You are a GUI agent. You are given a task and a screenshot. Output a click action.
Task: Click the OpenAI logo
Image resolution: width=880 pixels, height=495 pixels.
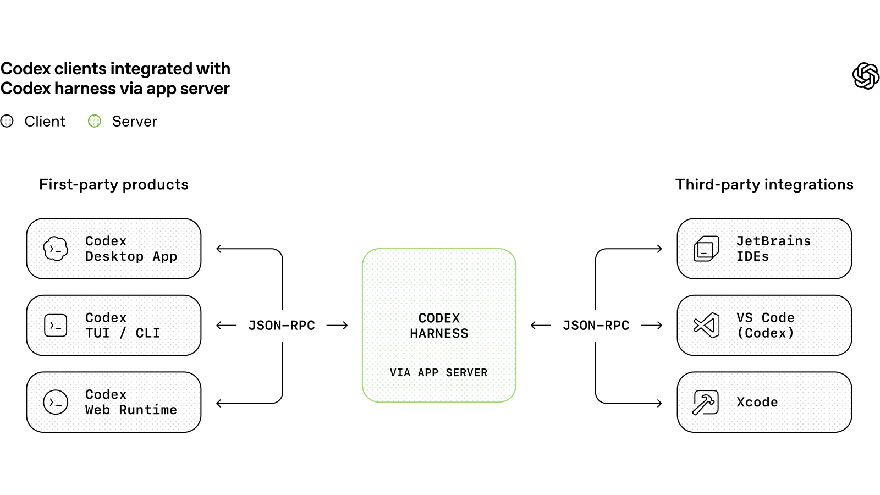click(866, 76)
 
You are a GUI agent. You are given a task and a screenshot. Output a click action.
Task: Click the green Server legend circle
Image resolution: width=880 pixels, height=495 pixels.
click(94, 121)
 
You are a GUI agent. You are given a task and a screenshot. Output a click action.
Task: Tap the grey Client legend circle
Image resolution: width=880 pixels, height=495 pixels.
click(7, 121)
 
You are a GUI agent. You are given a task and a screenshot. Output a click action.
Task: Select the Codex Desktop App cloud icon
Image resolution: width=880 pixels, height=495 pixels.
click(56, 248)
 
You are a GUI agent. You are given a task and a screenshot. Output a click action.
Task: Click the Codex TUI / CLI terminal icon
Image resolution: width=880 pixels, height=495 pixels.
click(56, 325)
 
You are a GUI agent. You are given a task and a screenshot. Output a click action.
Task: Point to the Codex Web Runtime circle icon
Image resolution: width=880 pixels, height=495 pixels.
click(56, 402)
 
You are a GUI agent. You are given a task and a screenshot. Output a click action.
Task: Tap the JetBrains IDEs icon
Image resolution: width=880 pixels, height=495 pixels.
click(706, 248)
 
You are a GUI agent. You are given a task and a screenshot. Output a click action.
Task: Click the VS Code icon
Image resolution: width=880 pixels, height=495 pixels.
click(706, 325)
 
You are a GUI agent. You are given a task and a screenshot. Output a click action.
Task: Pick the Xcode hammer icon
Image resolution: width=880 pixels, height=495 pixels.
click(706, 402)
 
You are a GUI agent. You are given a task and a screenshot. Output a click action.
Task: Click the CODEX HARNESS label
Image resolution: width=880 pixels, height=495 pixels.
click(439, 326)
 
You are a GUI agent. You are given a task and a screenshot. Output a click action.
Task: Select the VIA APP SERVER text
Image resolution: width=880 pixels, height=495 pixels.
click(438, 372)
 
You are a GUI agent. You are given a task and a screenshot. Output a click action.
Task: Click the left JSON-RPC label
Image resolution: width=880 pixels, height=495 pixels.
click(282, 325)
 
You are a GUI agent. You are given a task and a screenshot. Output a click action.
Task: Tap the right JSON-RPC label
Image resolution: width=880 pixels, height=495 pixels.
click(596, 325)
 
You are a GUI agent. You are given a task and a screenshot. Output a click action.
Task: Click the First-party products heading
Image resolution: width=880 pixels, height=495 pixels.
click(114, 184)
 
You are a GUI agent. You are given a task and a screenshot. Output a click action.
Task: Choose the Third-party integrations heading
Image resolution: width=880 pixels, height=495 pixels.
click(765, 184)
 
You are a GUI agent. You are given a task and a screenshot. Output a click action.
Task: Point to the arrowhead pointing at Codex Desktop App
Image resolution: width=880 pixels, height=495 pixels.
click(219, 249)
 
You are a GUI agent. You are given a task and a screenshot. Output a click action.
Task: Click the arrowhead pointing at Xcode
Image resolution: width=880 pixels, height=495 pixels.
click(659, 403)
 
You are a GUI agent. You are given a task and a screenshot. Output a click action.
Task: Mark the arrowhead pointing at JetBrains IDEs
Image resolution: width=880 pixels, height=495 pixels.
click(659, 249)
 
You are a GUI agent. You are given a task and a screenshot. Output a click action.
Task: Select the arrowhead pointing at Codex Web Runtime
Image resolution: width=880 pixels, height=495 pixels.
click(219, 403)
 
